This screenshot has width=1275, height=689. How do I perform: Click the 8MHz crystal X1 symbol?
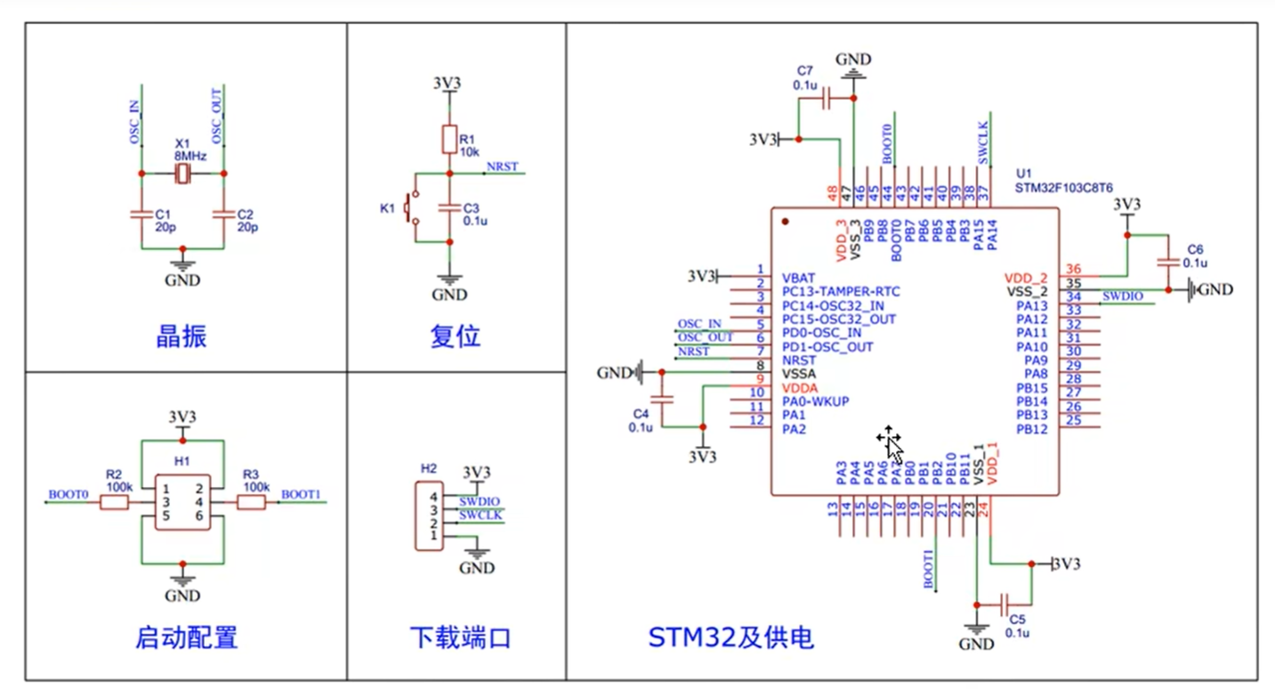pos(182,174)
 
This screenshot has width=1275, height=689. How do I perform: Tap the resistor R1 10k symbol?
pos(450,139)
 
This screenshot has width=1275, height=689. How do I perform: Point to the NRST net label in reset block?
pos(504,167)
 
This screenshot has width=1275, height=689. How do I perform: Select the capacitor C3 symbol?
pos(450,207)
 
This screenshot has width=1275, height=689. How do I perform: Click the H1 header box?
pos(182,502)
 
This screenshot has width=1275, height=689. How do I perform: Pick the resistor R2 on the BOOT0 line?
pos(114,503)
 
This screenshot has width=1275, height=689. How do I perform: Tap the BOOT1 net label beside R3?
pos(300,494)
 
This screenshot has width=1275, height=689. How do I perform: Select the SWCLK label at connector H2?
pos(480,515)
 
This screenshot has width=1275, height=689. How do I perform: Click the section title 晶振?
pos(182,336)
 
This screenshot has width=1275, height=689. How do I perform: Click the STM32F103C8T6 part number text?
pos(1064,189)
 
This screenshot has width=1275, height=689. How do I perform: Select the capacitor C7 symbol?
pos(826,99)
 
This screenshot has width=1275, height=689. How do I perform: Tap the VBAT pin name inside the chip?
pos(798,277)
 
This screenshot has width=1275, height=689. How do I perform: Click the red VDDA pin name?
pos(799,388)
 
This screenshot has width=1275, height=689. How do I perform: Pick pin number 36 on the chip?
pos(1074,270)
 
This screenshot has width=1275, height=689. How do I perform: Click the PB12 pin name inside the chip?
pos(1032,429)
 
